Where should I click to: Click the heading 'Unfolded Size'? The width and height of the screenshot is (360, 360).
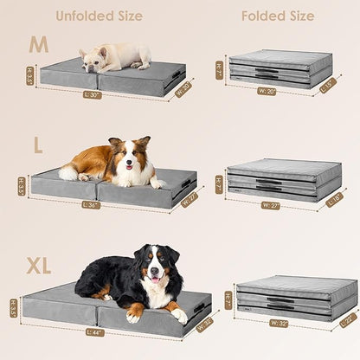tap(100, 16)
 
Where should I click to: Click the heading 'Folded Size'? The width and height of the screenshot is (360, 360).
tap(279, 16)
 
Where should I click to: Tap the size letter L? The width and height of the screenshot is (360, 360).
tap(37, 146)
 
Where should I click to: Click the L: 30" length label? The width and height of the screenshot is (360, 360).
tap(93, 94)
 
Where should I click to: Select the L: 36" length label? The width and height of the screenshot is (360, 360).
tap(91, 205)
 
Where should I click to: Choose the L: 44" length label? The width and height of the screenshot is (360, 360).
tap(95, 331)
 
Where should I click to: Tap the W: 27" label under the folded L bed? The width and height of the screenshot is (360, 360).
tap(271, 205)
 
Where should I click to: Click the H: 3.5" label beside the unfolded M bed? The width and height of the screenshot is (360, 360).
tap(29, 77)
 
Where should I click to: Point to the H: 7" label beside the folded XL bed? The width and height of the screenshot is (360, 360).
tap(228, 299)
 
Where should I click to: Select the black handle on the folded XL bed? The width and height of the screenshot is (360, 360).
tap(279, 302)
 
